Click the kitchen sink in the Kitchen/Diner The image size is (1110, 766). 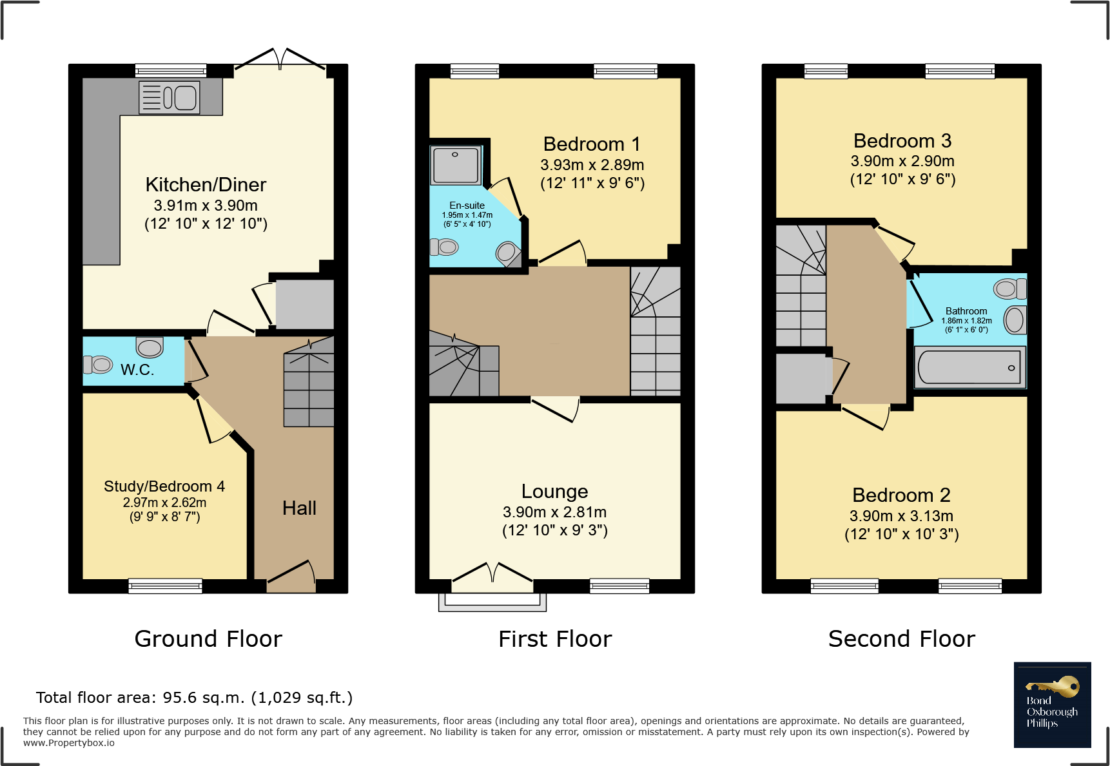169,98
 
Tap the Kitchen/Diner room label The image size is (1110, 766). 206,185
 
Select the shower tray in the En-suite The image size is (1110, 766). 456,165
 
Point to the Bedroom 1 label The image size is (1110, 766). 592,144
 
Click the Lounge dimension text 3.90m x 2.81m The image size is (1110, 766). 555,512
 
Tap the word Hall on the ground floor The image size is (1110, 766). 299,508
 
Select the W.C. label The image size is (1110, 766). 137,370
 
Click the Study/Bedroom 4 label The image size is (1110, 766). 164,486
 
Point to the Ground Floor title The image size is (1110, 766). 208,639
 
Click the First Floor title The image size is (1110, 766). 555,639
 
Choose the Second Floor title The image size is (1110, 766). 902,639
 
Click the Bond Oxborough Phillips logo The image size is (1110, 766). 1053,705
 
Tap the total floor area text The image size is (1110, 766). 195,698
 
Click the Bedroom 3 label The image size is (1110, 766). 902,140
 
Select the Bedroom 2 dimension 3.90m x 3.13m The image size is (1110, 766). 902,516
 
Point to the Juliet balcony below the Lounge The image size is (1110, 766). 492,602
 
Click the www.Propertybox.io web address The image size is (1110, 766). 69,743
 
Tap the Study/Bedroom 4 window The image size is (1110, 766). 166,586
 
